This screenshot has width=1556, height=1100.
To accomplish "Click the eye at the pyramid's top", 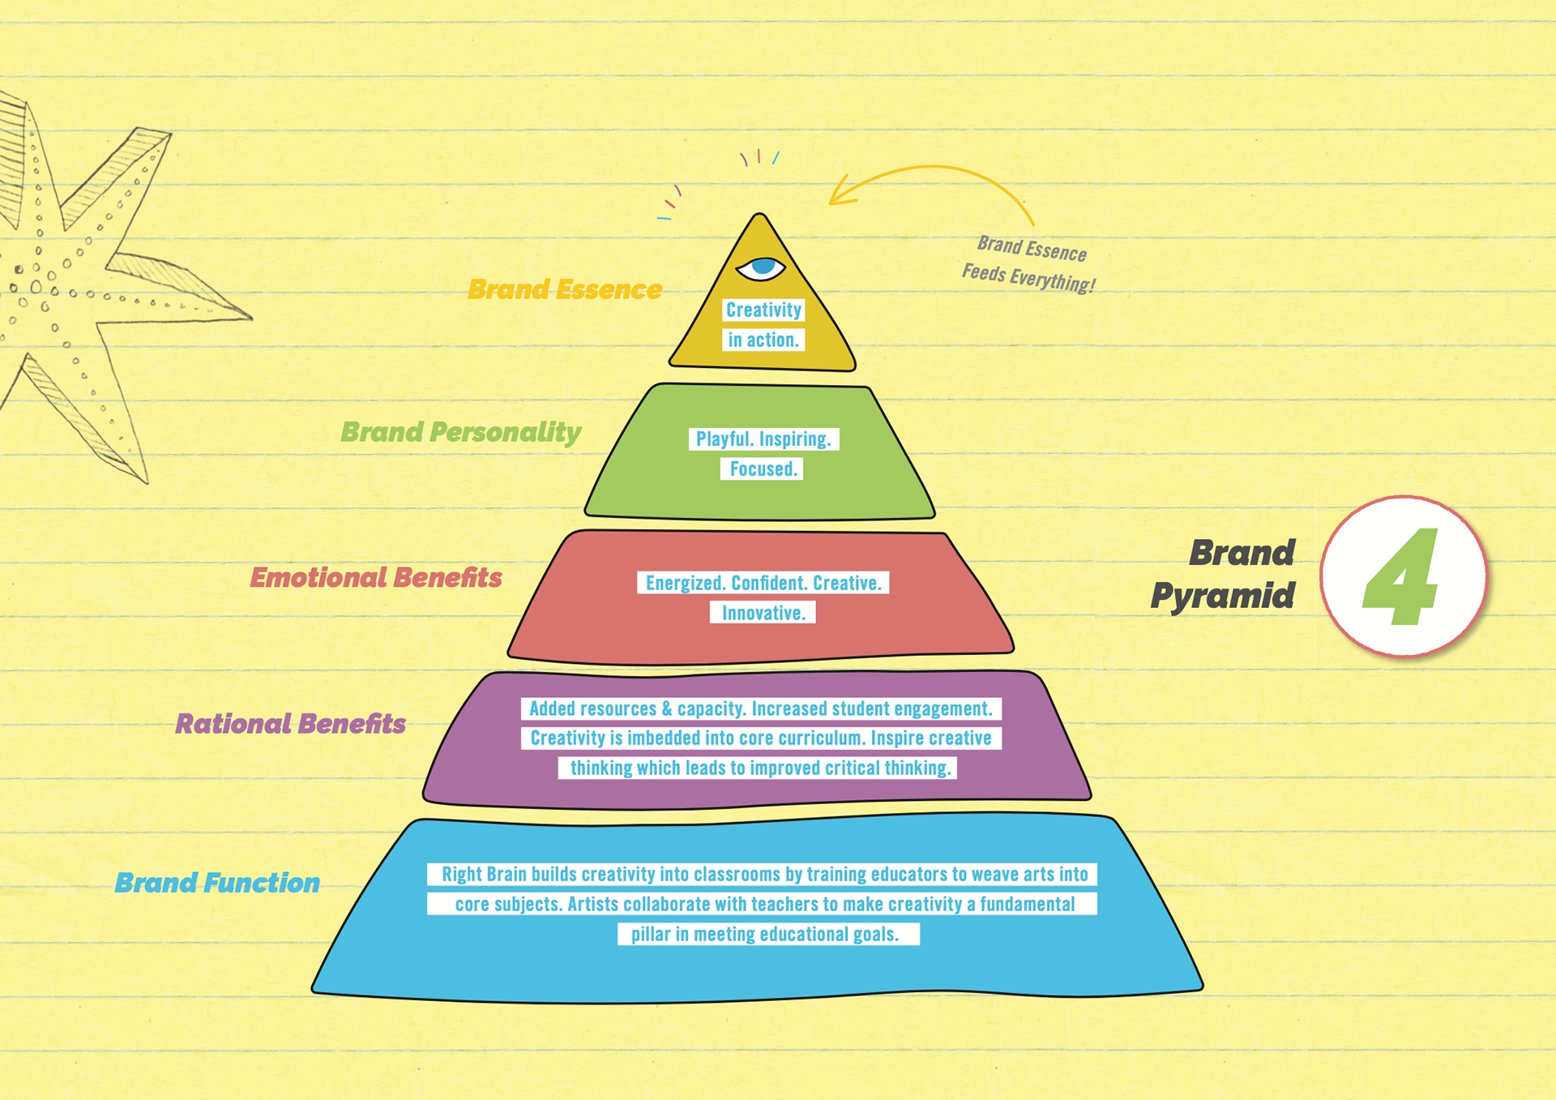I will click(x=761, y=268).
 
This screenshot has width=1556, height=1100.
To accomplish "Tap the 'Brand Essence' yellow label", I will click(x=565, y=289).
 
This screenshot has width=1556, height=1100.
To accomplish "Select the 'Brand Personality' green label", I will click(x=460, y=432).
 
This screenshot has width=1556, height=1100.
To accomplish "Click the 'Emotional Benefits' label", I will click(x=376, y=578).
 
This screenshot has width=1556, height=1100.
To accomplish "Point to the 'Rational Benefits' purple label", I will click(x=290, y=724).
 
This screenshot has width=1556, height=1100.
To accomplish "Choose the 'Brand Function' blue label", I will click(x=217, y=883).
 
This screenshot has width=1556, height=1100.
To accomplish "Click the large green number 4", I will click(x=1401, y=577).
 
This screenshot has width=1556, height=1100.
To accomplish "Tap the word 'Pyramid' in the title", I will click(x=1222, y=596).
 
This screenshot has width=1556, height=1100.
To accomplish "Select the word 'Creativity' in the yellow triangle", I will click(x=763, y=310).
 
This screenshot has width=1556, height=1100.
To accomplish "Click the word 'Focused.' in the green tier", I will click(x=763, y=469).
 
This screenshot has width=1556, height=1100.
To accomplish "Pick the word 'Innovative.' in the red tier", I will click(x=763, y=613).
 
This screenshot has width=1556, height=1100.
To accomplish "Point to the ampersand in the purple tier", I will click(x=666, y=709).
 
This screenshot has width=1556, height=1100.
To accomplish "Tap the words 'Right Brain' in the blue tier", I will click(x=483, y=875).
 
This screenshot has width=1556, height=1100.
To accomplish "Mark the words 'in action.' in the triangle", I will click(x=763, y=340).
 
